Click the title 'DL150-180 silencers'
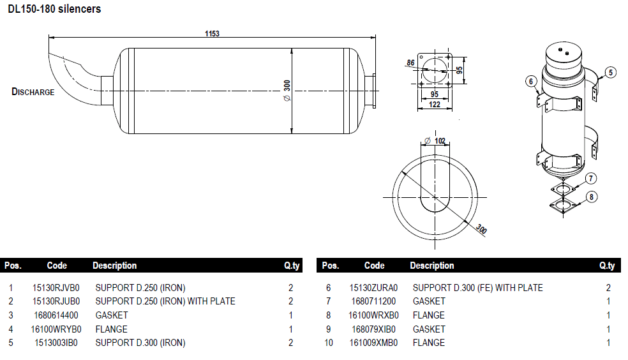point(54,10)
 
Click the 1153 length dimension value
point(212,34)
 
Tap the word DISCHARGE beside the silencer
point(33,92)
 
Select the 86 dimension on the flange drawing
point(410,63)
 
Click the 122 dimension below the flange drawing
point(435,105)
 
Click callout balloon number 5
point(611,72)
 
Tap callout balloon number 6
point(530,80)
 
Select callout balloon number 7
point(592,179)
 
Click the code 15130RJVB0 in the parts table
point(56,288)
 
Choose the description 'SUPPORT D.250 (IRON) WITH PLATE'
point(165,301)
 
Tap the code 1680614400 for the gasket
point(56,315)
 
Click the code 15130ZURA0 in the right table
point(373,288)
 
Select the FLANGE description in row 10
point(429,343)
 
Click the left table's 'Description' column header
point(115,266)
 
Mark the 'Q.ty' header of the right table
point(607,266)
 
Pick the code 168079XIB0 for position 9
point(374,329)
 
